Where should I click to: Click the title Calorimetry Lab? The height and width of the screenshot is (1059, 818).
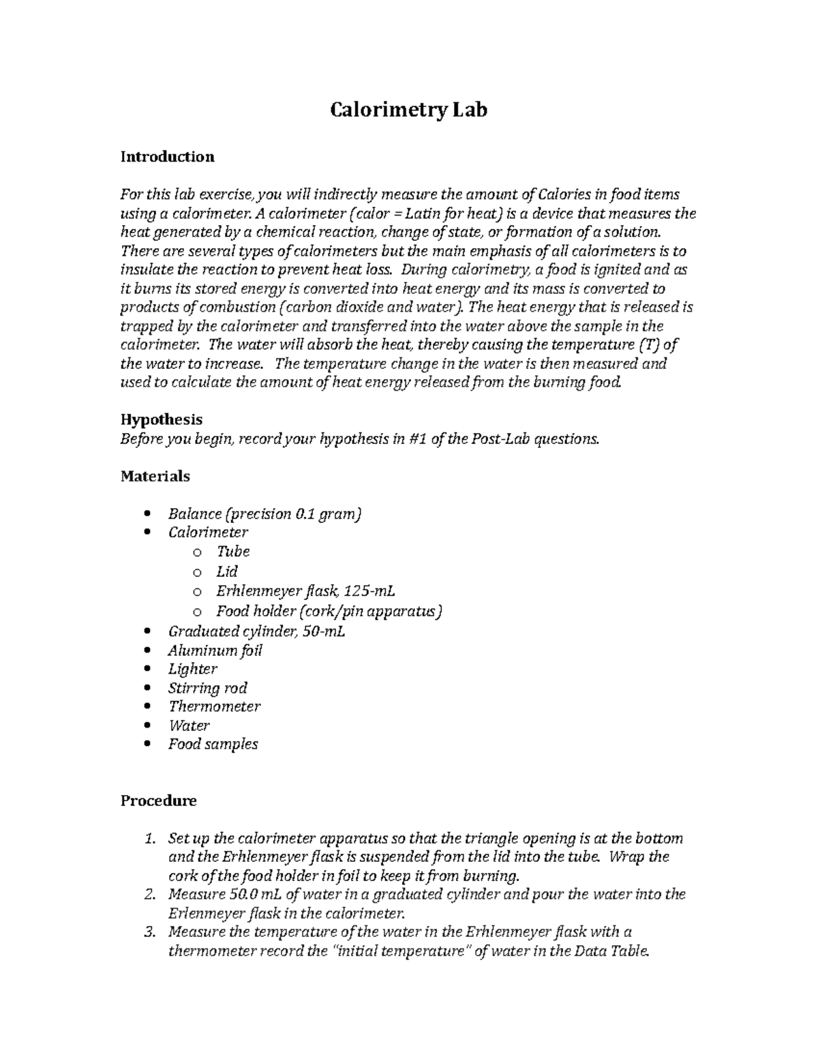point(408,110)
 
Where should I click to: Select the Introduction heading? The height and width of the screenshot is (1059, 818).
point(167,157)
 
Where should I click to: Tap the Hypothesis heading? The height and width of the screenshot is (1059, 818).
point(162,419)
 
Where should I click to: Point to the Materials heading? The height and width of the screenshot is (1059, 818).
point(155,476)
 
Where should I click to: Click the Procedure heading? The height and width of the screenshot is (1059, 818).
point(158,801)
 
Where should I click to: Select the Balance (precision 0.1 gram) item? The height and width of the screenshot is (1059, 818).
point(264,513)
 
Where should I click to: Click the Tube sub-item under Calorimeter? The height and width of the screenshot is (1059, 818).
point(233,552)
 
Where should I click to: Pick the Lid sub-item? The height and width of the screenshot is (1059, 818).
point(227,571)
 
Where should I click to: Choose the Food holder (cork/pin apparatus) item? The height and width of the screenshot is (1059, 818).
point(329,611)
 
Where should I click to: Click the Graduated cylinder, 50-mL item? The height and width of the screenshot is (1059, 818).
point(256,631)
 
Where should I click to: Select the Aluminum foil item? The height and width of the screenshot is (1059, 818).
point(215,651)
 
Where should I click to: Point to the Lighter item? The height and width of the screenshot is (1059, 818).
point(193,669)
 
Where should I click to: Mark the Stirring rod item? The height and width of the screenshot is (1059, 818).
point(207,688)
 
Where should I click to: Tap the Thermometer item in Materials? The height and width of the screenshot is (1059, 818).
point(214,706)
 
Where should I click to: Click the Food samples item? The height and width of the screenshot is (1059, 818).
point(213,744)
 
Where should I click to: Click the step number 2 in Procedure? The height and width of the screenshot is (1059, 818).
point(153,895)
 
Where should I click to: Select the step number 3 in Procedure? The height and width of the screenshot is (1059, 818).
point(153,932)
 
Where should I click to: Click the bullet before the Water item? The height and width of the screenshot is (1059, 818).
point(149,726)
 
